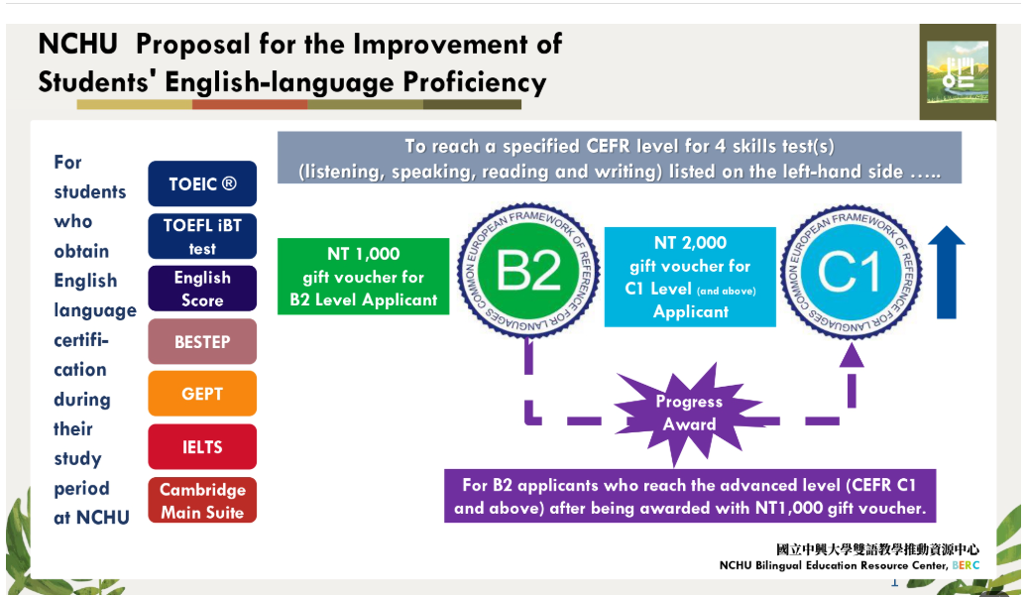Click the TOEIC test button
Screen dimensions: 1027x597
click(202, 183)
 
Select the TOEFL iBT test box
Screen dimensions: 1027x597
click(202, 237)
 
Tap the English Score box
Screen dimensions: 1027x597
click(202, 289)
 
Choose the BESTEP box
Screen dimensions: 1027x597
click(202, 341)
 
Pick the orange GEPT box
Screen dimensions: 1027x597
click(202, 394)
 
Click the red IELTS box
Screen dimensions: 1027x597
click(202, 447)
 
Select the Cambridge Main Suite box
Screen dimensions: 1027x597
click(202, 500)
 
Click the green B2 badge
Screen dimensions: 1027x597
click(528, 271)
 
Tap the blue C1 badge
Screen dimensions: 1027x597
click(851, 272)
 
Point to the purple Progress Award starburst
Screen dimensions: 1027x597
click(688, 414)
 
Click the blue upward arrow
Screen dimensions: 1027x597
click(947, 273)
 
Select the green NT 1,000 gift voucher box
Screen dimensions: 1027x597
click(364, 277)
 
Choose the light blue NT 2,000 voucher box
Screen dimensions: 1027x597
click(690, 277)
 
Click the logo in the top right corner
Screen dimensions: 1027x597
click(958, 72)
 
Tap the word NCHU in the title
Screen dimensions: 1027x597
click(78, 45)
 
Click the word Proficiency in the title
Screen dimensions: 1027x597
click(474, 82)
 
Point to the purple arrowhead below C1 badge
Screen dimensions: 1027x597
click(852, 355)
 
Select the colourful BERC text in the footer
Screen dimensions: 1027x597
click(966, 565)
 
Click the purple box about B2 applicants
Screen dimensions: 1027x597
click(690, 496)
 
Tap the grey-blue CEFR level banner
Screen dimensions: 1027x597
click(619, 158)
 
